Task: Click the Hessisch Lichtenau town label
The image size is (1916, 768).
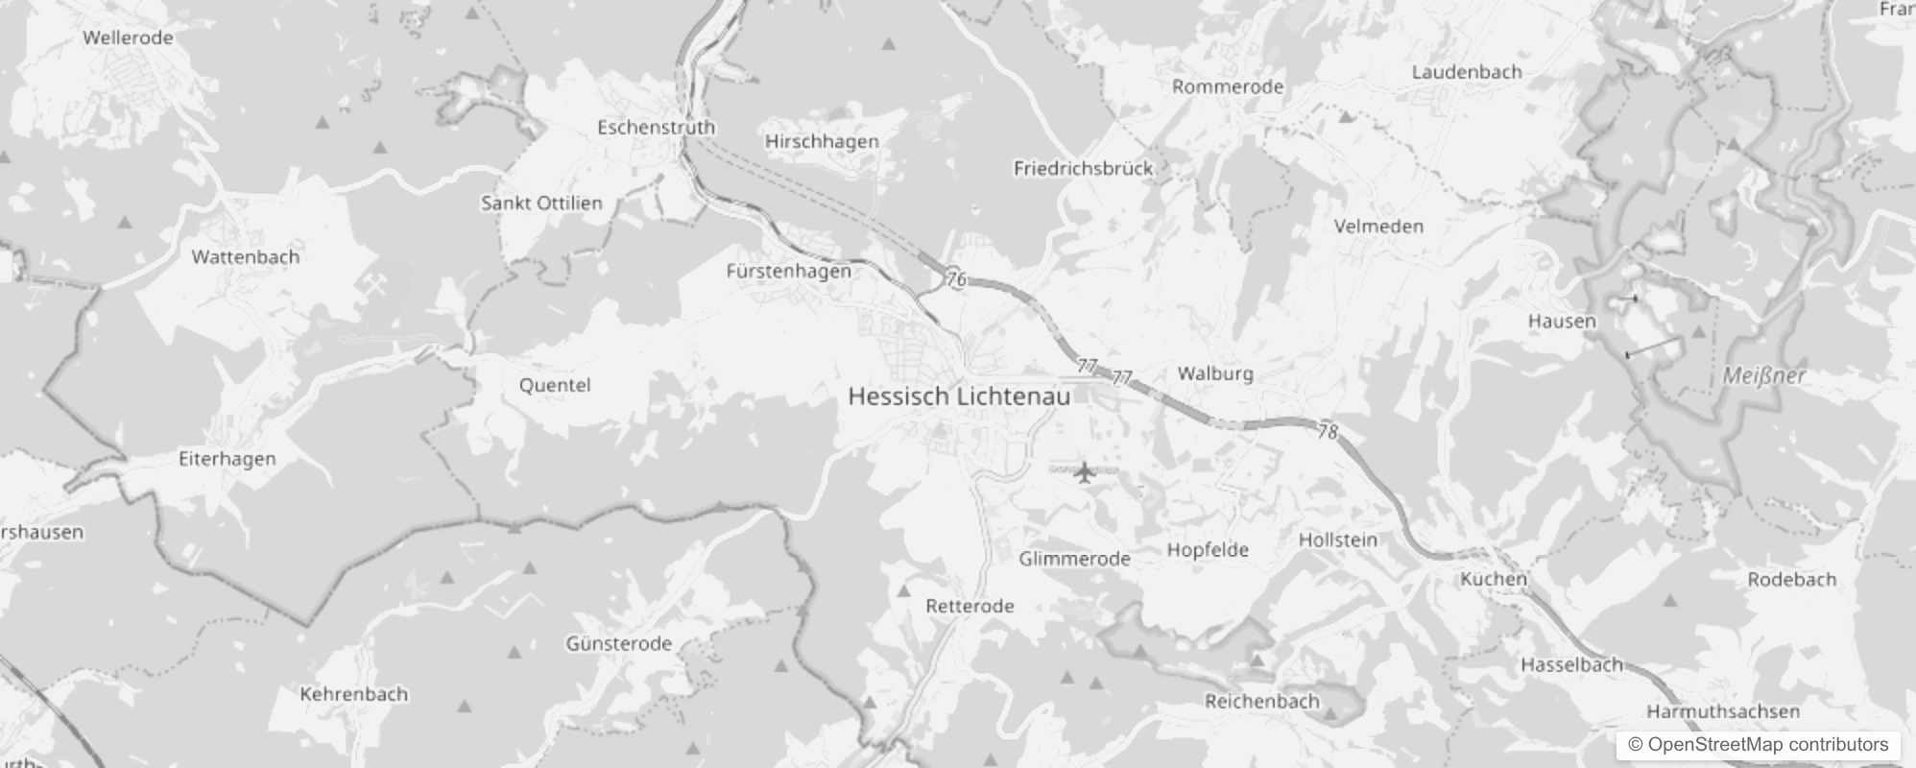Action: click(x=958, y=396)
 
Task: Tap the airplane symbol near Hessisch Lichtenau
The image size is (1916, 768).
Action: click(x=1085, y=471)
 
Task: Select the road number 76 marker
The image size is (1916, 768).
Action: click(x=956, y=279)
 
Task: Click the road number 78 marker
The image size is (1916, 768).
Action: click(x=1328, y=432)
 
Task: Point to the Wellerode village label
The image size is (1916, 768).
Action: click(x=128, y=38)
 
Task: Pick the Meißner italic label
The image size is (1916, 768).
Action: click(x=1764, y=376)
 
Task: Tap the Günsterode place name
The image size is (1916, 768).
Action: click(x=618, y=643)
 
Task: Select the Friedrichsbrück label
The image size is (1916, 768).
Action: click(x=1083, y=169)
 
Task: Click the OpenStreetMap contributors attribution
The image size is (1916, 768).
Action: click(x=1758, y=745)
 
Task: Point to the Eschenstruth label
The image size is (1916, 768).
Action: click(x=656, y=127)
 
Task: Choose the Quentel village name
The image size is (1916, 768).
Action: click(x=555, y=386)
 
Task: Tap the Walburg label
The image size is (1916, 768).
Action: click(x=1215, y=373)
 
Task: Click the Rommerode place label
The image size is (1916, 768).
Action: click(x=1228, y=86)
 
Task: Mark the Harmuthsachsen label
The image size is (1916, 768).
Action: click(x=1723, y=711)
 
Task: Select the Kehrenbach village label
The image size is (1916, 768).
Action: click(x=354, y=694)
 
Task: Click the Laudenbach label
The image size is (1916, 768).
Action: click(x=1467, y=72)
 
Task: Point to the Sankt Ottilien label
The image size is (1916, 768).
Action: click(x=541, y=204)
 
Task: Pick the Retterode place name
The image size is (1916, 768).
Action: click(x=970, y=606)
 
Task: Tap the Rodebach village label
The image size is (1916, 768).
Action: click(x=1791, y=580)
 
